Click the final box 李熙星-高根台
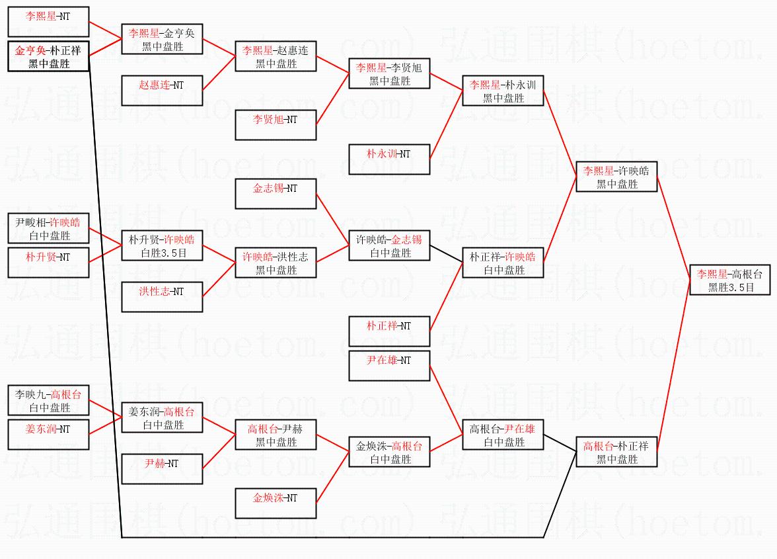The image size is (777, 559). (730, 280)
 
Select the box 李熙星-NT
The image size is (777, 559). (48, 22)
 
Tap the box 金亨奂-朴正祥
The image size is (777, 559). (48, 56)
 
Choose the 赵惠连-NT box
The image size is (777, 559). (162, 91)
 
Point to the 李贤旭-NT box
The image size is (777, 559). (276, 125)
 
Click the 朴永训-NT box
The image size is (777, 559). (389, 159)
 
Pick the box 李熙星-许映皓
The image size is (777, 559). (616, 177)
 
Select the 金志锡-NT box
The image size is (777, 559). (276, 194)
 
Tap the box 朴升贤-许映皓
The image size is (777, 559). (162, 245)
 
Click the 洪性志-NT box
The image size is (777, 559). (162, 296)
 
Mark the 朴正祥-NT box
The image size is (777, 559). (389, 331)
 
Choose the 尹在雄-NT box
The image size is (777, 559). (389, 366)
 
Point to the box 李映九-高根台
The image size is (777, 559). (48, 400)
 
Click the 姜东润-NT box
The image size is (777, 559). (48, 435)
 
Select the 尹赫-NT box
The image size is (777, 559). (162, 469)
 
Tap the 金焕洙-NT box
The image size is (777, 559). (276, 503)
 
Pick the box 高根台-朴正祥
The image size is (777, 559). (616, 452)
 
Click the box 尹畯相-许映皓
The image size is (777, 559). (48, 228)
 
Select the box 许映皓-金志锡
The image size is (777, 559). (389, 245)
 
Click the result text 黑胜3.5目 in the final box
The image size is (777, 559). (731, 288)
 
